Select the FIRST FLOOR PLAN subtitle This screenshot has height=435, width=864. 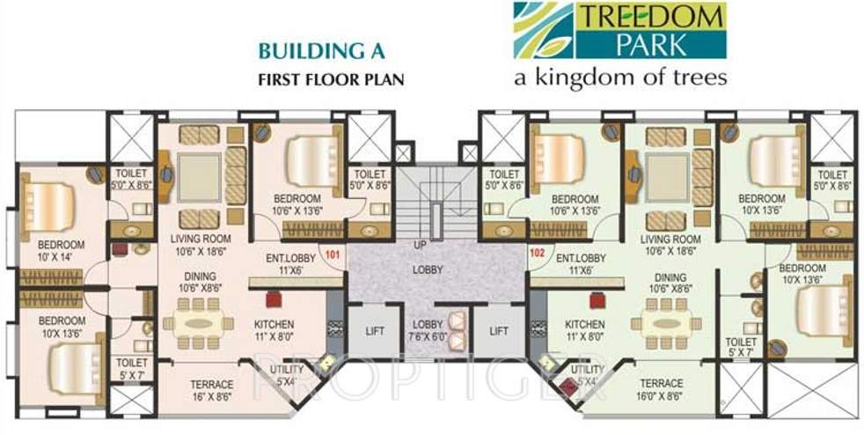coord(330,78)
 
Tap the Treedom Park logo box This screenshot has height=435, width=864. coord(619,30)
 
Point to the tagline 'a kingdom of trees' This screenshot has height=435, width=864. coord(620,77)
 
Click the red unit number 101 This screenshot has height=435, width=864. coord(333,256)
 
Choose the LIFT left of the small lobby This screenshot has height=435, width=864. coord(370,331)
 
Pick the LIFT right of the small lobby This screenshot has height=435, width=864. coord(499,331)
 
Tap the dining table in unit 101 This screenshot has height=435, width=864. coord(198,322)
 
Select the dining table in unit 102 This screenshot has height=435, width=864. coord(671,322)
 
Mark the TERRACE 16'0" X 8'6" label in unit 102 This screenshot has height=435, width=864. coord(661,389)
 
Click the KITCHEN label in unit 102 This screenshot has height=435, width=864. coord(585,330)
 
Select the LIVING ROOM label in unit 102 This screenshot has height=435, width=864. coord(670,245)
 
